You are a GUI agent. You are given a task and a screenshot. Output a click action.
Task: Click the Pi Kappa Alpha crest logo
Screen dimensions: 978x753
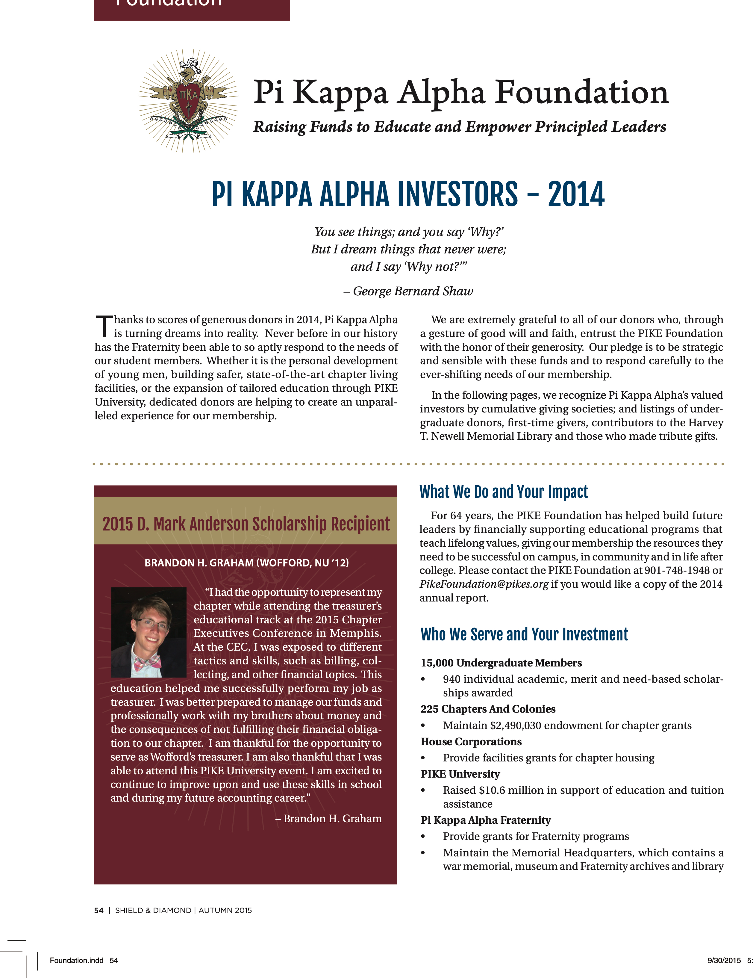tap(188, 101)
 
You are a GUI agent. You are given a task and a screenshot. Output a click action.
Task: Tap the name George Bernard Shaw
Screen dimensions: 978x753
tap(413, 291)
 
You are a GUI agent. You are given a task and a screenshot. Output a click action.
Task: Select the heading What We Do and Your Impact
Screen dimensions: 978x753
tap(503, 492)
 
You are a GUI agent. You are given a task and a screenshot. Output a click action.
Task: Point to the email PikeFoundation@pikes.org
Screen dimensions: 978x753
tap(484, 584)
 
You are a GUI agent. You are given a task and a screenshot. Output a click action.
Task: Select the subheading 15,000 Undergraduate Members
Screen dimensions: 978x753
tap(501, 663)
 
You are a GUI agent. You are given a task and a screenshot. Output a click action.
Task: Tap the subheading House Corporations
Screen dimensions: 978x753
tap(471, 742)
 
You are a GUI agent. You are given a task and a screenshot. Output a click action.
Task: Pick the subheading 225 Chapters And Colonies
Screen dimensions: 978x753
tap(488, 709)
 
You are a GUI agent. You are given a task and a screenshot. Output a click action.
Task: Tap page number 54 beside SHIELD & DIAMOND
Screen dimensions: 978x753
tap(99, 910)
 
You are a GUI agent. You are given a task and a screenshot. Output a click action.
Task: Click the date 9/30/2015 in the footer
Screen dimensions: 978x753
tap(724, 960)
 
